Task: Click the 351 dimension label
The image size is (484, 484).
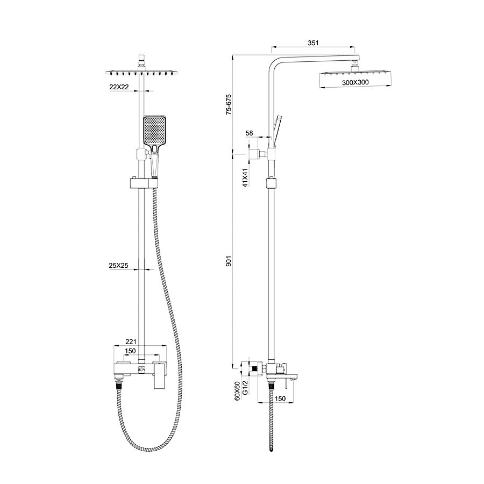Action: pos(313,43)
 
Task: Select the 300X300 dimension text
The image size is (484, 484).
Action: pos(355,82)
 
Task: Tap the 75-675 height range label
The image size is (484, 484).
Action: pos(229,104)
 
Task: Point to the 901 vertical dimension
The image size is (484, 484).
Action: pos(229,261)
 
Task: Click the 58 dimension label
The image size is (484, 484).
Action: pos(249,133)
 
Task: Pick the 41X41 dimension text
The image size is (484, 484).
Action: pos(245,178)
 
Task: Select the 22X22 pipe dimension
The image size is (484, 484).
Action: pos(119,87)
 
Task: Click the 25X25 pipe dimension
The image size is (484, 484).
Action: pos(118,266)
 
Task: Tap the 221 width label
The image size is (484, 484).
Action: pos(131,341)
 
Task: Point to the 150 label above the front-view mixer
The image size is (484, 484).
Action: pos(130,351)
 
